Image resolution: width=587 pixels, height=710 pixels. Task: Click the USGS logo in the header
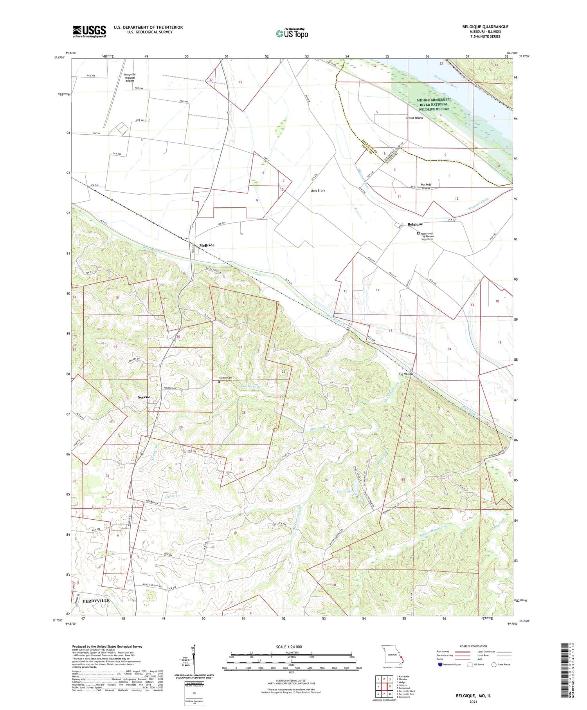pyautogui.click(x=89, y=31)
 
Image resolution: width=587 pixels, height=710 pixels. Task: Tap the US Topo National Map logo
pyautogui.click(x=292, y=33)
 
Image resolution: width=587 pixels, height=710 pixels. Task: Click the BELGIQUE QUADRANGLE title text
pyautogui.click(x=485, y=27)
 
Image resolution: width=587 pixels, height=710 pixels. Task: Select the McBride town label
pyautogui.click(x=207, y=245)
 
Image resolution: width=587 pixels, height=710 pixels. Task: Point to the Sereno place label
pyautogui.click(x=144, y=397)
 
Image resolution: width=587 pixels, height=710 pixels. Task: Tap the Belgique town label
pyautogui.click(x=415, y=224)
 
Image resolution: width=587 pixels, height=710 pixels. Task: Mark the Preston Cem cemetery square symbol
pyautogui.click(x=219, y=382)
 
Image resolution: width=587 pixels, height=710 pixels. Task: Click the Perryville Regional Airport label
pyautogui.click(x=130, y=78)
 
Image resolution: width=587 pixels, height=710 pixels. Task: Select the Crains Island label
pyautogui.click(x=414, y=118)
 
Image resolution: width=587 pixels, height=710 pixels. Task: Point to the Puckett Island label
pyautogui.click(x=426, y=186)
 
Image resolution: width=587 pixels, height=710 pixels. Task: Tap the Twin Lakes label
pyautogui.click(x=345, y=491)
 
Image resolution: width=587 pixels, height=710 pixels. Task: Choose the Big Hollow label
pyautogui.click(x=406, y=374)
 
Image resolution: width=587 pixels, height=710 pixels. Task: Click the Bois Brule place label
pyautogui.click(x=318, y=191)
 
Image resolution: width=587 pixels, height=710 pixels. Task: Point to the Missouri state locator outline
pyautogui.click(x=392, y=655)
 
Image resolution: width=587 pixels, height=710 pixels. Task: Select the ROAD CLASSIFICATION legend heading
pyautogui.click(x=473, y=646)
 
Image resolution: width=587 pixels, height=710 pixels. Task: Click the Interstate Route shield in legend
pyautogui.click(x=440, y=665)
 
